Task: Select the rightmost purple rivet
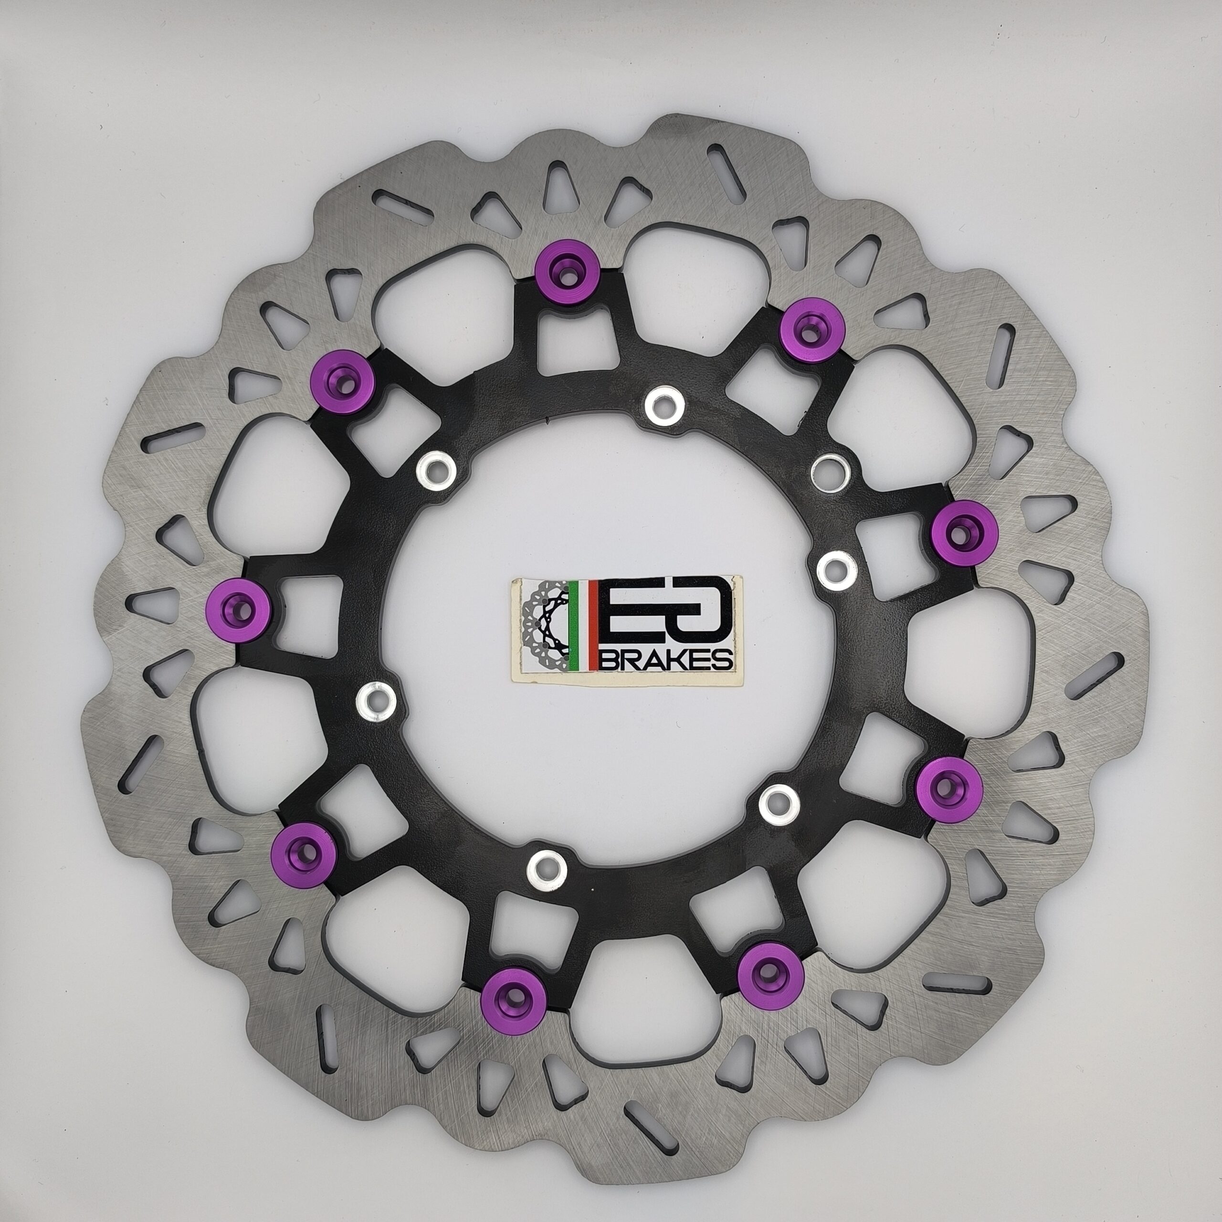(966, 531)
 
